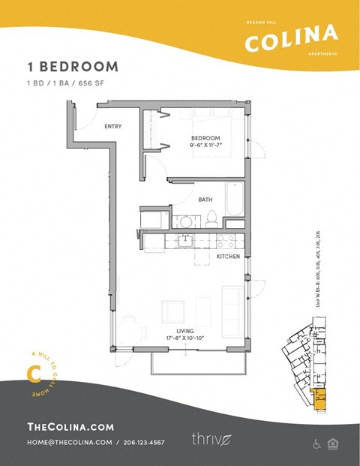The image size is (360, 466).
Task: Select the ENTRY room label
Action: (112, 126)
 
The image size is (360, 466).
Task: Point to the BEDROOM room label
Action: (205, 137)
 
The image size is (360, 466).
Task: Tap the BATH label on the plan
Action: (205, 200)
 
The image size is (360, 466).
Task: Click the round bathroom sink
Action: (185, 222)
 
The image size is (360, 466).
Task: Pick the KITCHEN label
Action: (227, 257)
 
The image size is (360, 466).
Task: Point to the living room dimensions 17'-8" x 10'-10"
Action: (184, 338)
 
